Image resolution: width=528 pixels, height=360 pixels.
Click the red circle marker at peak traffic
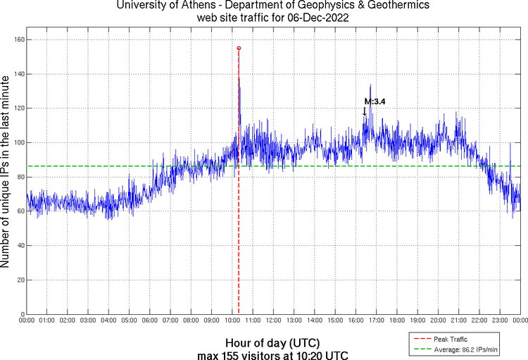click(x=239, y=48)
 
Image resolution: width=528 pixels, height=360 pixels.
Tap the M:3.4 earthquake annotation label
click(x=375, y=101)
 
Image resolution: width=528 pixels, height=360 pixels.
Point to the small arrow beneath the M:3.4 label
click(x=364, y=111)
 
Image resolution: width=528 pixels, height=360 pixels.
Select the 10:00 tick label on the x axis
click(x=232, y=321)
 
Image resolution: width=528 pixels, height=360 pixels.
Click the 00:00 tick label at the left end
click(x=27, y=321)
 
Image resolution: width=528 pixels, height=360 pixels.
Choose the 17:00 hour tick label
click(x=376, y=321)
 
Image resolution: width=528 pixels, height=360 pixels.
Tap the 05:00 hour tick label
click(x=130, y=321)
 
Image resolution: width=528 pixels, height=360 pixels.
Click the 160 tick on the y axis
click(x=18, y=39)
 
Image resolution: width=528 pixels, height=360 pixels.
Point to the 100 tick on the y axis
click(x=18, y=142)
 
